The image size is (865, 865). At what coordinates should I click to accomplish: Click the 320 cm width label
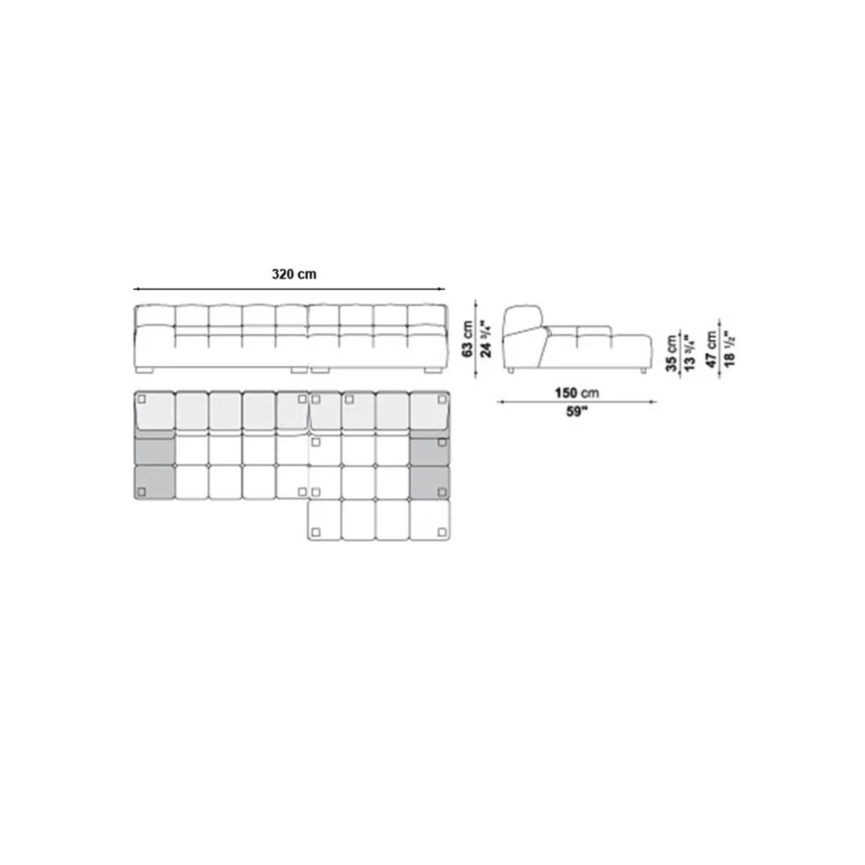(x=294, y=274)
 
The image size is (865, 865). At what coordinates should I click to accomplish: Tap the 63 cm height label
(x=468, y=339)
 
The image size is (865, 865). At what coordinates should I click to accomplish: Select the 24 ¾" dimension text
(x=486, y=339)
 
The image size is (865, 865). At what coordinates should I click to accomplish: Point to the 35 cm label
(x=671, y=353)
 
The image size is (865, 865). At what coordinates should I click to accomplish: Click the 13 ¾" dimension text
(x=690, y=352)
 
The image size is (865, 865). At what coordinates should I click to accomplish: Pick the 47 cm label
(x=711, y=349)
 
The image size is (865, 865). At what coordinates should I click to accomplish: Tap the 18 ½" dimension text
(x=729, y=349)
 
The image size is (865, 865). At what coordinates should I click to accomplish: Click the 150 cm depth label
(x=577, y=393)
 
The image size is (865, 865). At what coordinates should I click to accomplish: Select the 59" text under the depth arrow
(x=576, y=412)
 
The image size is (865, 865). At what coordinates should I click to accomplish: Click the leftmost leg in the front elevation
(x=144, y=371)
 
